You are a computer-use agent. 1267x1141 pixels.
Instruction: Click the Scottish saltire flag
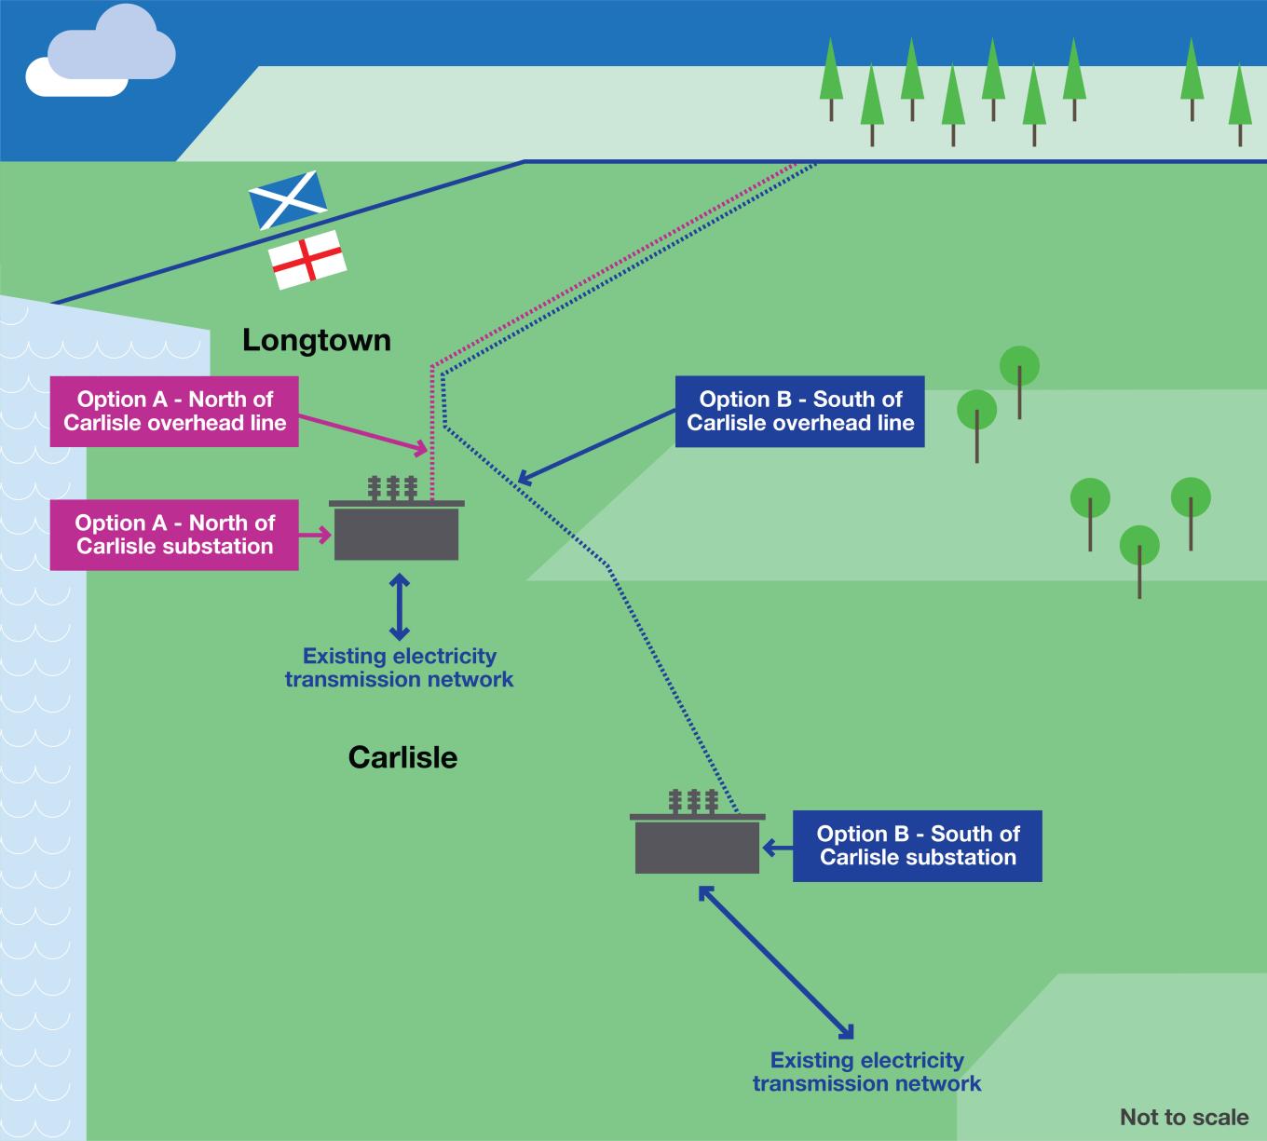(x=287, y=198)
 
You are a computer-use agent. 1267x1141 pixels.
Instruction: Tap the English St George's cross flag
(x=307, y=260)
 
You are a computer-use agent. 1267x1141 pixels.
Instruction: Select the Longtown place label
(x=317, y=340)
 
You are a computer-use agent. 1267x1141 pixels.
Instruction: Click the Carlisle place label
(x=402, y=757)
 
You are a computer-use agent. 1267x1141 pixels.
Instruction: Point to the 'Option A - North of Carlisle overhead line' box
(x=174, y=411)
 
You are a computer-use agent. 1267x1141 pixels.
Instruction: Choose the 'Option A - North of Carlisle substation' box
(x=174, y=535)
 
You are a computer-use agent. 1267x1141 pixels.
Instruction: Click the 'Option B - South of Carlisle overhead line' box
(x=799, y=411)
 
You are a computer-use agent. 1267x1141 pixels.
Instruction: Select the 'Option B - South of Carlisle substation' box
(x=917, y=846)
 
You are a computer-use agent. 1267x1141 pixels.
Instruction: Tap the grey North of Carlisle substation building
(x=396, y=532)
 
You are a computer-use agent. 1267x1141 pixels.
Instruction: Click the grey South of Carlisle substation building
(x=697, y=846)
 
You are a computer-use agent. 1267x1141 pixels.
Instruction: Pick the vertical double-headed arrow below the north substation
(x=399, y=607)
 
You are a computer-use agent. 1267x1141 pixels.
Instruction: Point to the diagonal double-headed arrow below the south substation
(x=775, y=961)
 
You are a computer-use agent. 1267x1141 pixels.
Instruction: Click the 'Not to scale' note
(x=1183, y=1117)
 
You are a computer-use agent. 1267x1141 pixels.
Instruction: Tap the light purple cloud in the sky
(x=112, y=51)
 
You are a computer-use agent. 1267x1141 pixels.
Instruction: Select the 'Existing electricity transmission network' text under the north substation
(x=399, y=667)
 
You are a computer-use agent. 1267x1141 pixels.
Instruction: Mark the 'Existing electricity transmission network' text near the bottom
(x=866, y=1071)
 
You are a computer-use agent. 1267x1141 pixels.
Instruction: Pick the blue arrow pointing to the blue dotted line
(x=596, y=447)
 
